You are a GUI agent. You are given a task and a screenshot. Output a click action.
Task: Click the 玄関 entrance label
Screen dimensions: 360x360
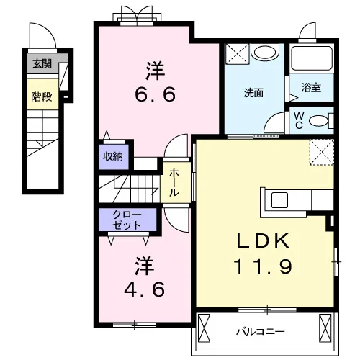[x=42, y=63]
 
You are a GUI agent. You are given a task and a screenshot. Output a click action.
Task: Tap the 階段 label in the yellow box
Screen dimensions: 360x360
[x=42, y=96]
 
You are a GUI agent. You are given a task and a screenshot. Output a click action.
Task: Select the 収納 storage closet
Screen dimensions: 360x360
[x=114, y=156]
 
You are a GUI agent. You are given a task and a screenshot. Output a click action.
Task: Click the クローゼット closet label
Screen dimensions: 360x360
[x=127, y=220]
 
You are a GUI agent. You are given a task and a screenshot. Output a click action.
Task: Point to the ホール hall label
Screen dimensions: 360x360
[x=174, y=182]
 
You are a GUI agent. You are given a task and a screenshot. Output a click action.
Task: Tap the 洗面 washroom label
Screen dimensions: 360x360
[x=253, y=93]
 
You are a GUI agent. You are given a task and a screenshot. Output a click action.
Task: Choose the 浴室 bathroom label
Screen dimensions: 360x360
[x=311, y=87]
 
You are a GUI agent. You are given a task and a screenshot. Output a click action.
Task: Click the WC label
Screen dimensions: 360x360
[x=299, y=121]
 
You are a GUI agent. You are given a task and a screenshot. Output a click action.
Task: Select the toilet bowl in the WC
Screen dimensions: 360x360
[x=318, y=121]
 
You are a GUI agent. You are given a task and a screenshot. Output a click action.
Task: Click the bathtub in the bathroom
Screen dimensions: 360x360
[x=312, y=58]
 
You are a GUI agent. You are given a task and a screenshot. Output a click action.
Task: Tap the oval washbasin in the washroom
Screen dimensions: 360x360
[x=264, y=52]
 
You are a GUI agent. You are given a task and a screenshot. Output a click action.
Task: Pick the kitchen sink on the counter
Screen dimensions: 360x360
[x=279, y=200]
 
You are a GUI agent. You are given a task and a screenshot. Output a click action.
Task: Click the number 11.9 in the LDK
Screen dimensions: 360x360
[x=263, y=266]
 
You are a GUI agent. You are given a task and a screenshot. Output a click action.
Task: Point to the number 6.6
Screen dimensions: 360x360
[x=156, y=94]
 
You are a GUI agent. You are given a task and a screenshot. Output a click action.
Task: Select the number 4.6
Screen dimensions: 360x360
[x=145, y=289]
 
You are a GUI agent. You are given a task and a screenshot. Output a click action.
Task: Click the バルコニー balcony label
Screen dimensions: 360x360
[x=261, y=332]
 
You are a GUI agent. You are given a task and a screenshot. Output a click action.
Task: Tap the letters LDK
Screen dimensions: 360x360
[x=263, y=240]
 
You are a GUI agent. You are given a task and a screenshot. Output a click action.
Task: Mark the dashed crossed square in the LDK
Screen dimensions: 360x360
[x=322, y=152]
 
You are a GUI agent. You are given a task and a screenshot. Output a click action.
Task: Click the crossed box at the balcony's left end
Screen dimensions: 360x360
[x=204, y=328]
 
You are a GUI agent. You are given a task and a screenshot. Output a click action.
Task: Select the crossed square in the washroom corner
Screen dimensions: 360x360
[x=238, y=54]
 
